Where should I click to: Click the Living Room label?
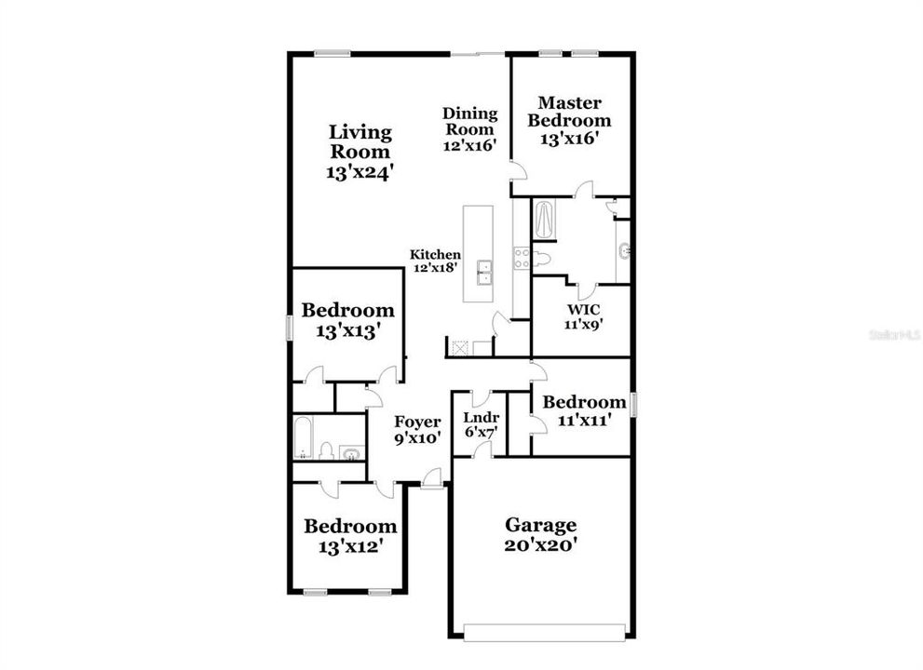[x=360, y=141]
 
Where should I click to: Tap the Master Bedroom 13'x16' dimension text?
[x=569, y=139]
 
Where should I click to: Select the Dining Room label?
[x=469, y=121]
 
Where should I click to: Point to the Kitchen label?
[x=435, y=255]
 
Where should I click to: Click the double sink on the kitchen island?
[x=485, y=273]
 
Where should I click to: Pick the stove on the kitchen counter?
[x=523, y=259]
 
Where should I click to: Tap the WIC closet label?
[x=583, y=310]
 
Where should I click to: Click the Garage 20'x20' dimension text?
[x=540, y=545]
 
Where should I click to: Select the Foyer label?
[x=417, y=422]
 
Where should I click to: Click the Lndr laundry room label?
[x=481, y=417]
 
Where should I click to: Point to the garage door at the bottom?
[x=545, y=633]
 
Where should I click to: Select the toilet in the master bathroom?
[x=541, y=259]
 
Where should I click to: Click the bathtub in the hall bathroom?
[x=302, y=437]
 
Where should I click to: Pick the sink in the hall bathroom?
[x=351, y=453]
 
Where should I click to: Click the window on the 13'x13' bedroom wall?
[x=289, y=327]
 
